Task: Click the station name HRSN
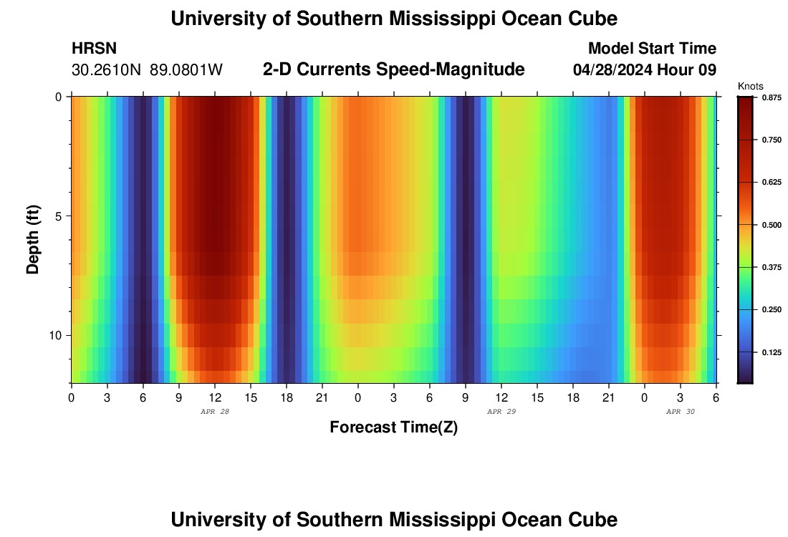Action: [x=94, y=49]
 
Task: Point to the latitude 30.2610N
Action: [x=107, y=70]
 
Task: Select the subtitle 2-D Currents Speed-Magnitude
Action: [x=394, y=69]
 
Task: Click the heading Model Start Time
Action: [x=652, y=49]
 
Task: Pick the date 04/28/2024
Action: [x=617, y=70]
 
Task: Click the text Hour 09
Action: [x=691, y=70]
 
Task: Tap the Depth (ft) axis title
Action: [x=32, y=239]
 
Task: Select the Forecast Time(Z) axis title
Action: [x=393, y=427]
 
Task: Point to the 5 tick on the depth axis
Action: [x=58, y=216]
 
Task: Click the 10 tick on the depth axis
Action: [x=55, y=335]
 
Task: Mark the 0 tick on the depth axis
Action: [x=58, y=97]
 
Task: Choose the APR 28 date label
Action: [x=215, y=412]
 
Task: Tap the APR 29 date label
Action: [x=501, y=412]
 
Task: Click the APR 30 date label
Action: [x=681, y=412]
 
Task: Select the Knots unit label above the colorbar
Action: [x=750, y=86]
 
